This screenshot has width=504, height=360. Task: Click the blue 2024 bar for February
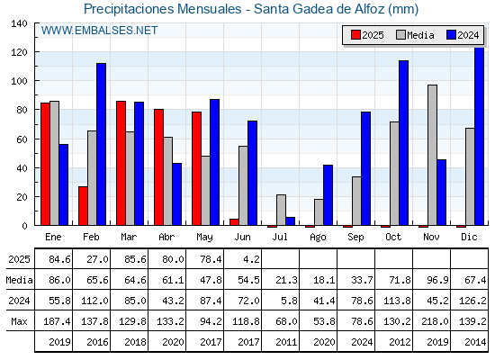(101, 144)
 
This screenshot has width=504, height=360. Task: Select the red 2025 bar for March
(121, 163)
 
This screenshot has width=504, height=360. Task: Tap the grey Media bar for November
(432, 155)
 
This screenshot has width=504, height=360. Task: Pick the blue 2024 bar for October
(404, 143)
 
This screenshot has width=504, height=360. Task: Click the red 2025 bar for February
(83, 206)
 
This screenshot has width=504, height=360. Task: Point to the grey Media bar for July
(281, 210)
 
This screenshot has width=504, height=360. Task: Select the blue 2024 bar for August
(328, 195)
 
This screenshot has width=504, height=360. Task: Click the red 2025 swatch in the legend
(355, 35)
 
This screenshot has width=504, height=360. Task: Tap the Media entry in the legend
(415, 35)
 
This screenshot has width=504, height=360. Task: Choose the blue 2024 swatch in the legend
(451, 35)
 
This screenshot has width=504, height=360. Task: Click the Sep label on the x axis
(355, 238)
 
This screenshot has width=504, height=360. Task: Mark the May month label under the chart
(205, 238)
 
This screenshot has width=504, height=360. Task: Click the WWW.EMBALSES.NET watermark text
(99, 31)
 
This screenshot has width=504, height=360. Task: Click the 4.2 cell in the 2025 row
(251, 259)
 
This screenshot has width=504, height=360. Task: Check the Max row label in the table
(19, 321)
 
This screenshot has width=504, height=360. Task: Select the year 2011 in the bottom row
(286, 342)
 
